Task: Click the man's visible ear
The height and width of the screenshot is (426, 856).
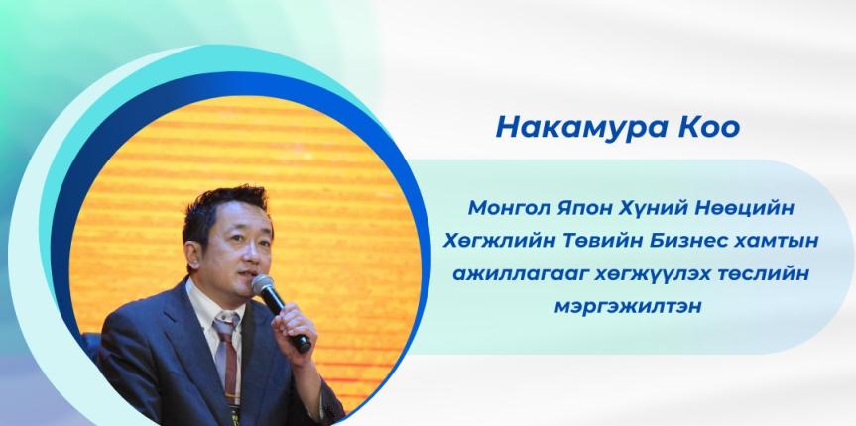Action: point(192,255)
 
